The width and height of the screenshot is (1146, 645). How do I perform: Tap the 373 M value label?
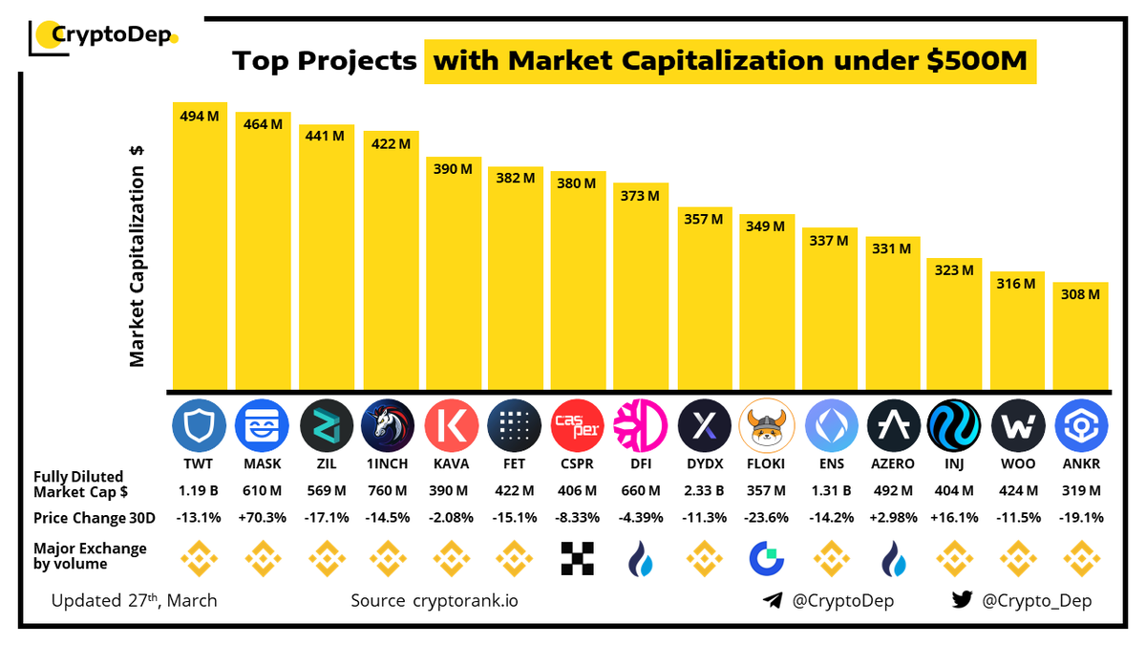(x=640, y=196)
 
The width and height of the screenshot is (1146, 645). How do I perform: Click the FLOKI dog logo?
(x=766, y=426)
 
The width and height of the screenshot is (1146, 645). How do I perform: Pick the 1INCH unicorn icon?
(x=389, y=426)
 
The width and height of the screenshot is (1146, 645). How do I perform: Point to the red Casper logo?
(x=578, y=426)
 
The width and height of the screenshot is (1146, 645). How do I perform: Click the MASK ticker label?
(x=262, y=463)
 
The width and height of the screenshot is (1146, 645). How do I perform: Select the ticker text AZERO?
(x=892, y=463)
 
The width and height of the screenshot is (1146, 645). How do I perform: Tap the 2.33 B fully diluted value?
(x=703, y=491)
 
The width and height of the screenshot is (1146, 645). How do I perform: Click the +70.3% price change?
(x=262, y=517)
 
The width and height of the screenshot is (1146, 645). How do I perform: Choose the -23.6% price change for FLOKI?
(x=766, y=517)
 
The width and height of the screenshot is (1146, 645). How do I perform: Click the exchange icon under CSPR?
(x=578, y=559)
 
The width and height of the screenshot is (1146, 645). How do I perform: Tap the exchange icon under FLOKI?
(x=766, y=559)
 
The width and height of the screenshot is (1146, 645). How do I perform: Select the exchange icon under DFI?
(x=640, y=559)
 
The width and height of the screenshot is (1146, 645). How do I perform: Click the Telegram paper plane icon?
(x=774, y=601)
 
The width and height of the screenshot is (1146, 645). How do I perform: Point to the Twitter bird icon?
(x=962, y=601)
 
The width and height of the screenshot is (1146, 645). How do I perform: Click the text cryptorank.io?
(x=466, y=601)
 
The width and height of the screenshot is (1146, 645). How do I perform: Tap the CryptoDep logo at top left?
(x=105, y=36)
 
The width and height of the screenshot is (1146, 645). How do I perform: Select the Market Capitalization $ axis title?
(x=138, y=255)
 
